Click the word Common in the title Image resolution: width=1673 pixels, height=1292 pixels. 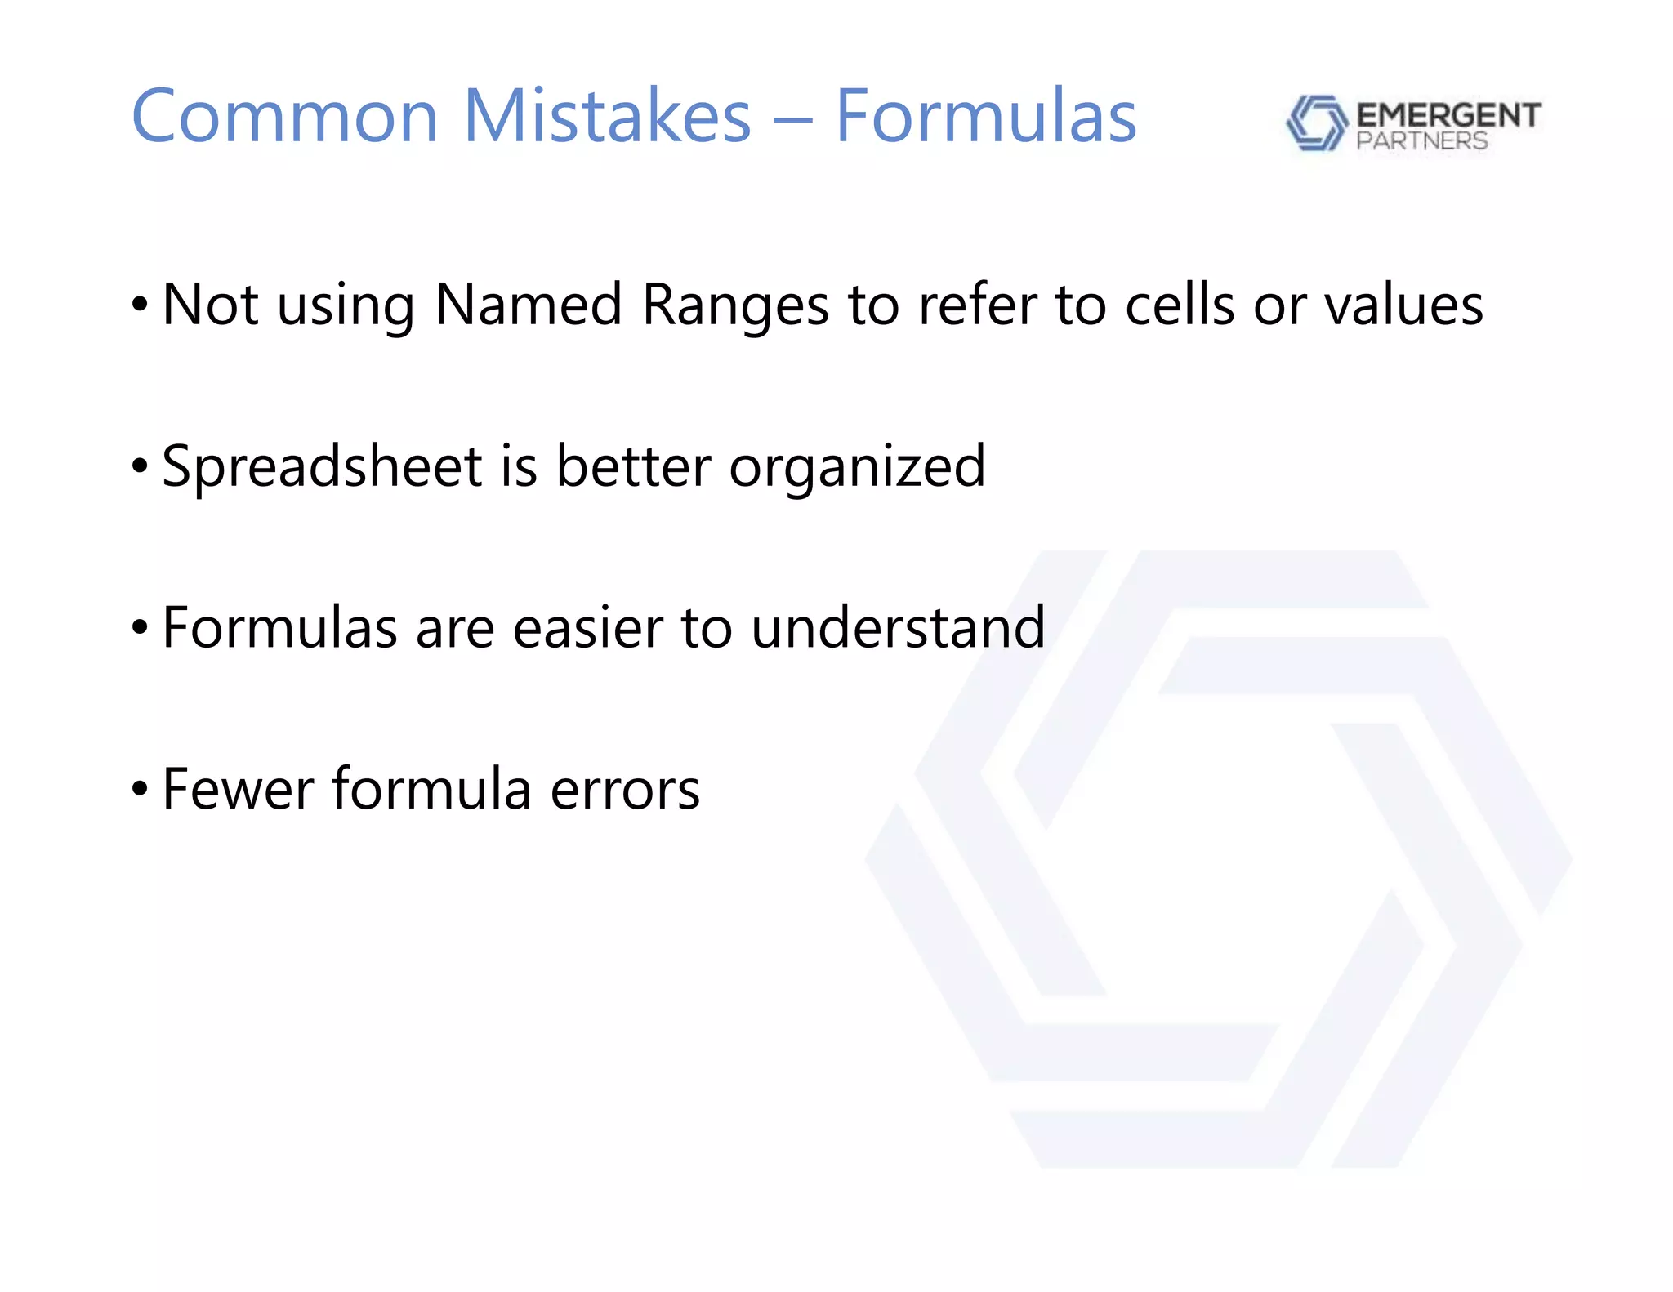click(284, 117)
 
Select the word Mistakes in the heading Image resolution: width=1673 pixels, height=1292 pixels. click(607, 117)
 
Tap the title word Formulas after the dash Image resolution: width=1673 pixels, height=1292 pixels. click(985, 117)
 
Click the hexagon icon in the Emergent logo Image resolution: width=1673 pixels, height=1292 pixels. click(1316, 123)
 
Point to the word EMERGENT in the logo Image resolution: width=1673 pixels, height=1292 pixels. click(1448, 115)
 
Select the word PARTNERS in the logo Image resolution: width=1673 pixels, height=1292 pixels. click(1421, 141)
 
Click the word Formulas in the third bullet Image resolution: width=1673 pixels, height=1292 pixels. click(279, 628)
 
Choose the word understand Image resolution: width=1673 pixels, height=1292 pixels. click(898, 628)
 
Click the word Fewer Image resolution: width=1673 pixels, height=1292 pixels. click(238, 790)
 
